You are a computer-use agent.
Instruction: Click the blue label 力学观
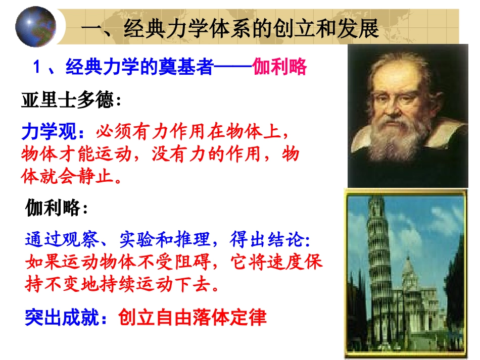(48, 132)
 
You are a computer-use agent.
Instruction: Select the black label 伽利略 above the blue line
(53, 208)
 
